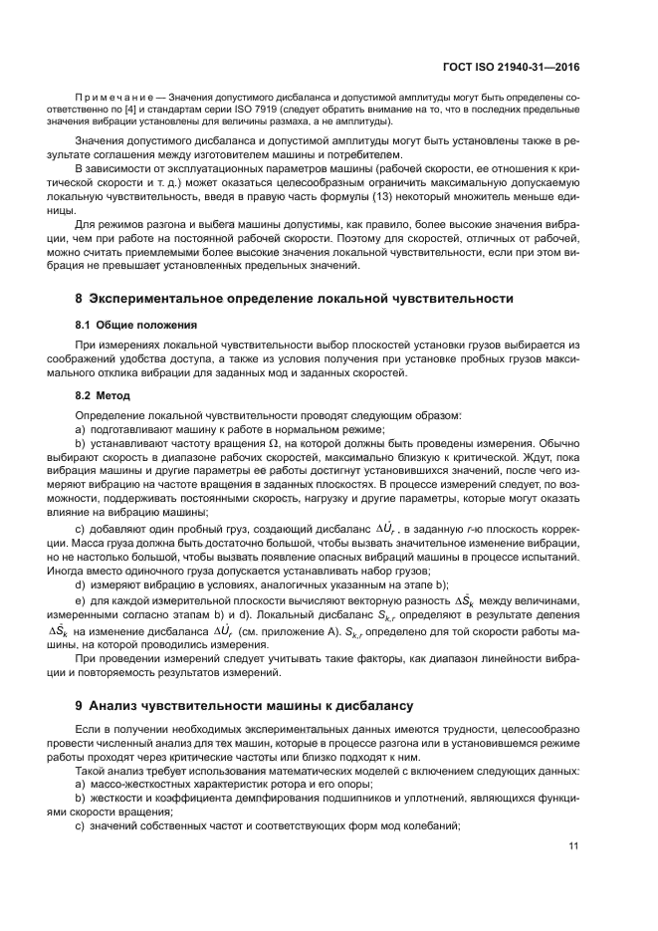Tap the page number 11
click(573, 846)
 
